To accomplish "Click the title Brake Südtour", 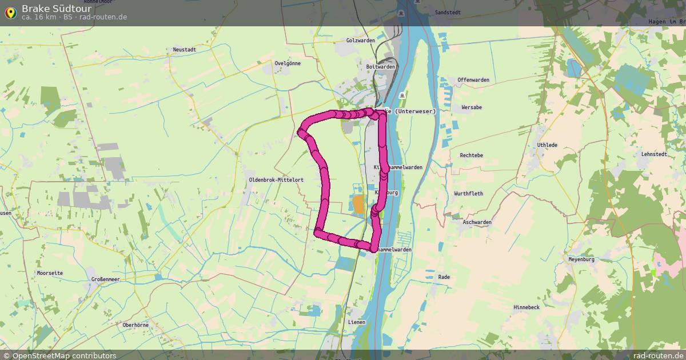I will pos(57,9).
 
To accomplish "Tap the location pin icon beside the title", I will pos(10,12).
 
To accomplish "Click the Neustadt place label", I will pos(184,50).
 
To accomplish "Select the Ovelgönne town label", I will pos(287,63).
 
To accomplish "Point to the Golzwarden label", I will pos(360,41).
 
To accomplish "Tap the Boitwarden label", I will pos(380,67).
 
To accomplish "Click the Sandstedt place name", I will pos(448,12).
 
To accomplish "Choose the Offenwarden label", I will pos(473,80).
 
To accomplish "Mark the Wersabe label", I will pos(472,107).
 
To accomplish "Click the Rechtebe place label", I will pos(471,155).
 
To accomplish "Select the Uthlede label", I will pos(547,145).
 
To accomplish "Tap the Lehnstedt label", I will pos(654,154).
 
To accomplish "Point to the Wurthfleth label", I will pos(468,194).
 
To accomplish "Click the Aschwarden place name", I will pos(477,222).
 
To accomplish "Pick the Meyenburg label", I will pos(581,259).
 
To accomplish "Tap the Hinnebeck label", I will pos(527,307).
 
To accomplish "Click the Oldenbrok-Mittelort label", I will pos(276,180).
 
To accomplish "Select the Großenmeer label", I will pos(106,279).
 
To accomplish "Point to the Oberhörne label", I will pos(135,325).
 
